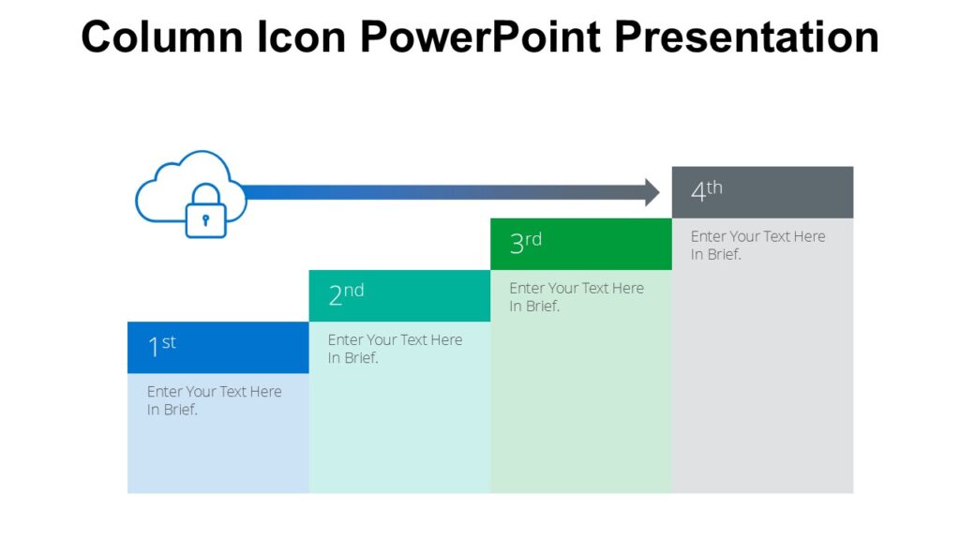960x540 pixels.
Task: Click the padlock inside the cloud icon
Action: point(205,214)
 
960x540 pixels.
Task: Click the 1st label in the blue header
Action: point(161,347)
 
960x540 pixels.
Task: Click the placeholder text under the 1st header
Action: point(214,400)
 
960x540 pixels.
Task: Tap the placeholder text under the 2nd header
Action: point(395,349)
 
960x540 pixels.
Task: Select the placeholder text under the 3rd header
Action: point(577,297)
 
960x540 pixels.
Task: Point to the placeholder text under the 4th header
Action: point(757,246)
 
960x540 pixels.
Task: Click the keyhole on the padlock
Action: point(205,220)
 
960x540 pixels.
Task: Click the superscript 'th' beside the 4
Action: point(714,187)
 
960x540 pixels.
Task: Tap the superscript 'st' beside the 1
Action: point(169,342)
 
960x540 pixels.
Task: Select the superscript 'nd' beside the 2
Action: point(353,291)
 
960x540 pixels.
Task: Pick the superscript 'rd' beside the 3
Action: point(533,239)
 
